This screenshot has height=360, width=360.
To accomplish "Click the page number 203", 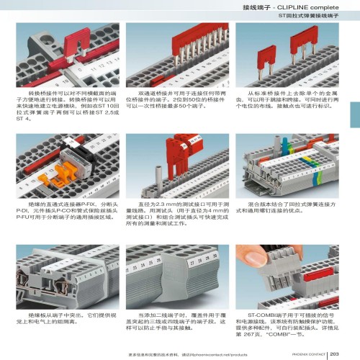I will pyautogui.click(x=336, y=352).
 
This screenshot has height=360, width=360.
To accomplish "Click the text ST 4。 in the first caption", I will pyautogui.click(x=23, y=120).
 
